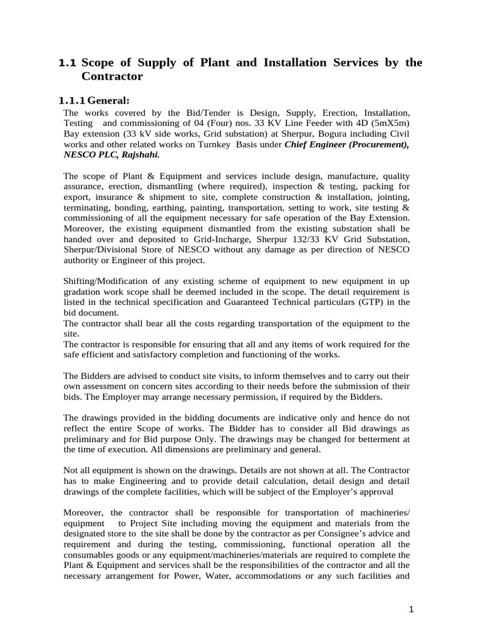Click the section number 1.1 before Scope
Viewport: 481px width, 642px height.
coord(67,63)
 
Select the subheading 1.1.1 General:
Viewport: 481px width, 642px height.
coord(94,101)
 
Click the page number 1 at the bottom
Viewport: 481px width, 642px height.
coord(411,609)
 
